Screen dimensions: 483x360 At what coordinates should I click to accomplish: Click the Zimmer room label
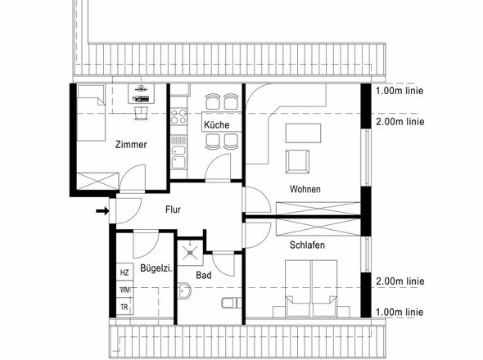tap(131, 145)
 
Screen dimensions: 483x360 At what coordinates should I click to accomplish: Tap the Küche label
tap(217, 124)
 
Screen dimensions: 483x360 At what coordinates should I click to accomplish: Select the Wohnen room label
tap(305, 189)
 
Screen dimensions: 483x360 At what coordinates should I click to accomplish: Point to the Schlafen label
tap(307, 245)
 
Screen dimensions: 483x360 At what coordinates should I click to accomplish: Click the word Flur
tap(173, 209)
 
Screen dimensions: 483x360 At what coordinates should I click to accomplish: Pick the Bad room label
tap(204, 275)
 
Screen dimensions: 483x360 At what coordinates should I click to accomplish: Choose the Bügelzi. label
tap(156, 268)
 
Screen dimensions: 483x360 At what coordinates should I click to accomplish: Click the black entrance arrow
tap(102, 211)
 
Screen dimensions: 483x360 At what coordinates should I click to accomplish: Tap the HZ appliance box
tap(124, 272)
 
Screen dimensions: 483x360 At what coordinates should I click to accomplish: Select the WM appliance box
tap(124, 290)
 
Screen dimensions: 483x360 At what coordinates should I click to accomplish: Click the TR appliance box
tap(124, 307)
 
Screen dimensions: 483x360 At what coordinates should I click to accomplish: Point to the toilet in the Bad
tap(232, 303)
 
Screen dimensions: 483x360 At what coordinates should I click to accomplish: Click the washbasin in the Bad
tap(184, 290)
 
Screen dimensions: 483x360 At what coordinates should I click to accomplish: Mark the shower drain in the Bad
tap(191, 253)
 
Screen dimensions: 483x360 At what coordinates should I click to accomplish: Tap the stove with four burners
tap(178, 116)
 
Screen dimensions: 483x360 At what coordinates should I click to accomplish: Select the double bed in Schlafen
tap(311, 288)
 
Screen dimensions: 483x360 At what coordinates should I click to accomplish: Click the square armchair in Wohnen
tap(297, 162)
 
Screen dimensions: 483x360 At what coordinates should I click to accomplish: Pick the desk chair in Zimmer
tap(141, 113)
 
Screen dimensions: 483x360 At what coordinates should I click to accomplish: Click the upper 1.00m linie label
tap(399, 91)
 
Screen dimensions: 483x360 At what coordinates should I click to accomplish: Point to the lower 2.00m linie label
tap(399, 281)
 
